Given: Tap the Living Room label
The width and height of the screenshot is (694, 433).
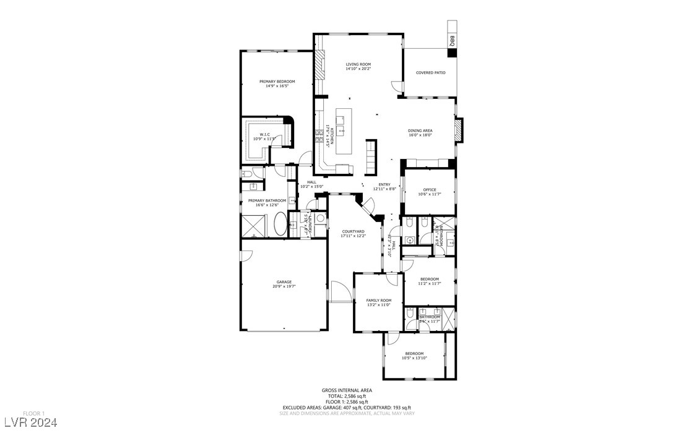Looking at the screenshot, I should click(x=358, y=64).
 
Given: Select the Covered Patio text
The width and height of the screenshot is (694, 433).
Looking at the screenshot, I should click(x=430, y=73).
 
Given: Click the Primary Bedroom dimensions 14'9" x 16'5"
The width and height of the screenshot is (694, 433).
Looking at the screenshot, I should click(x=277, y=86).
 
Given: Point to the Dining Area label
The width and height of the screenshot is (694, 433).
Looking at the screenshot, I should click(x=420, y=131).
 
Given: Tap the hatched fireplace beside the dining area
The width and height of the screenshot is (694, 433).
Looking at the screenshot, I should click(x=458, y=131).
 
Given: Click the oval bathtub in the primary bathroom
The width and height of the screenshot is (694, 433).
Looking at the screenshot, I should click(x=280, y=224).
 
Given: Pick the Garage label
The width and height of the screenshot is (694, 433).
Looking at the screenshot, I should click(x=284, y=282).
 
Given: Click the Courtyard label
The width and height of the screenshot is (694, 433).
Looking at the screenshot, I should click(x=353, y=231).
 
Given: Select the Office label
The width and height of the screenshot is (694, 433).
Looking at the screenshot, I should click(x=430, y=190).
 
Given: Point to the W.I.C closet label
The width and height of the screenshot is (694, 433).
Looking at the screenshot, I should click(x=264, y=134).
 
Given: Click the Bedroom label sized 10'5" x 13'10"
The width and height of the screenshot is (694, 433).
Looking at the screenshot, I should click(x=414, y=353).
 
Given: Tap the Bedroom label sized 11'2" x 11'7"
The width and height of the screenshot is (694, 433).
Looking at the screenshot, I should click(x=429, y=279).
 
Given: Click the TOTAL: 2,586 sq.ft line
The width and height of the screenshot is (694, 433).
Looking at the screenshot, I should click(x=347, y=396).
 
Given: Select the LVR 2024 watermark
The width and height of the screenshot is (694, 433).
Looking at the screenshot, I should click(x=29, y=423).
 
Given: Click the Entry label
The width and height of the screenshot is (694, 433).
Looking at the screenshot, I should click(x=384, y=184).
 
